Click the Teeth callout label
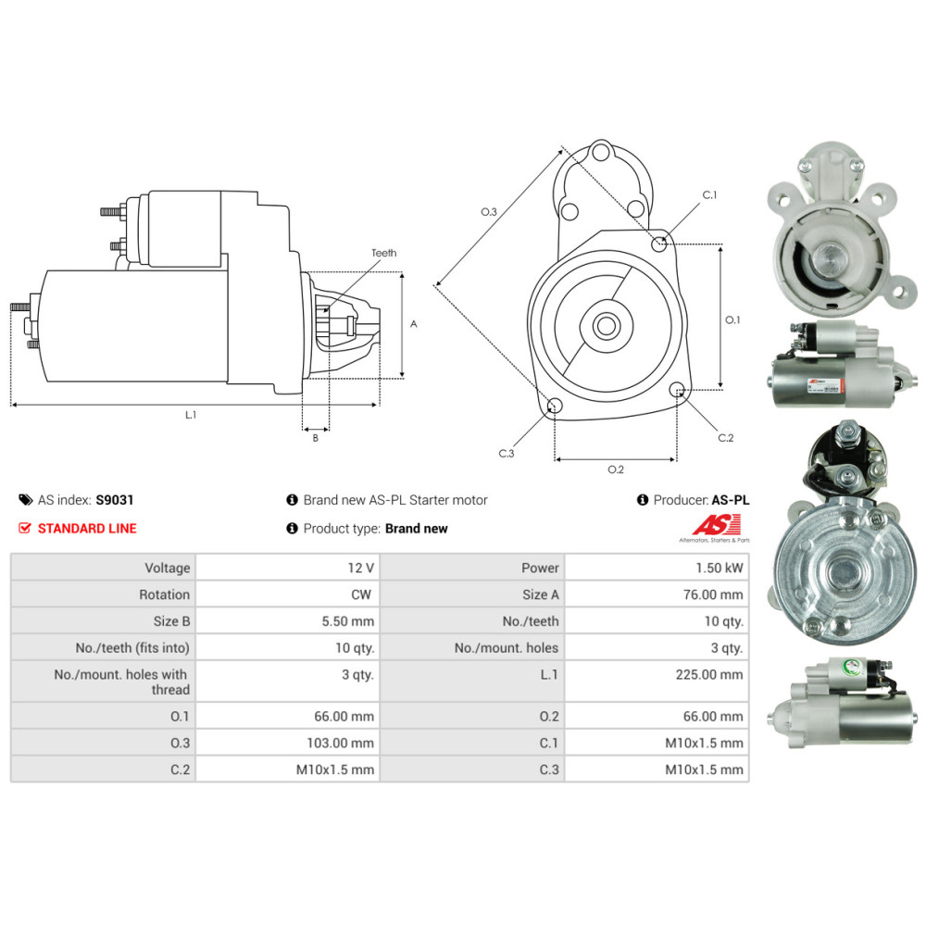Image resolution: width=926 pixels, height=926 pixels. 383,253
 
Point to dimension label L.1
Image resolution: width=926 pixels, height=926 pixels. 190,415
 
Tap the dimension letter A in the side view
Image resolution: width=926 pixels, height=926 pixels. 414,324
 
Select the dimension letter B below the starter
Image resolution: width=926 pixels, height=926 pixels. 315,438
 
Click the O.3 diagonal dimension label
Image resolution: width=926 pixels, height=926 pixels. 489,212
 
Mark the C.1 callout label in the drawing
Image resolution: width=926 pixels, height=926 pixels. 709,195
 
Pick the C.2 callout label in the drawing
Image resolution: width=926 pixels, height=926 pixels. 725,438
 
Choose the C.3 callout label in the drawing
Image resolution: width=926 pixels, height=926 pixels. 506,453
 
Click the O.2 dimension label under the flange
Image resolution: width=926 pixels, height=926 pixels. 616,469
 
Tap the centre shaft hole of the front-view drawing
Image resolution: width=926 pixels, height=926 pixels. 607,326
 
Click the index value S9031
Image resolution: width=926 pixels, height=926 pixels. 115,500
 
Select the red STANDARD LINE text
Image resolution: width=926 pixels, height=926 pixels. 87,529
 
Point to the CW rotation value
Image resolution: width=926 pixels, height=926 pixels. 362,594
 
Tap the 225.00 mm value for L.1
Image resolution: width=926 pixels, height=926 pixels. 710,675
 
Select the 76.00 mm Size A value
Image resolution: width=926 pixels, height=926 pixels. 712,594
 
